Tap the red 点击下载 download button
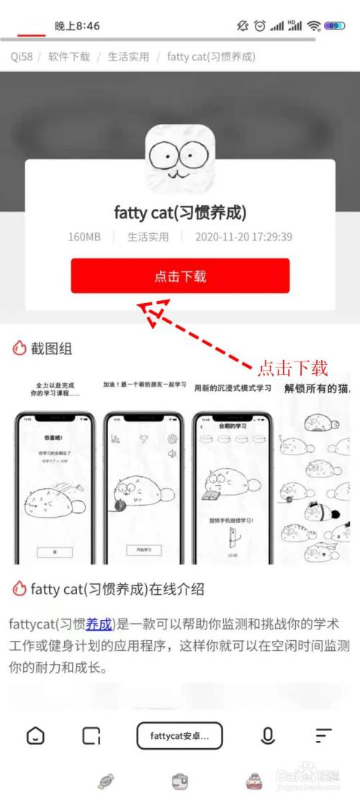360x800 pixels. pyautogui.click(x=180, y=276)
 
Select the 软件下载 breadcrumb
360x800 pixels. pyautogui.click(x=69, y=56)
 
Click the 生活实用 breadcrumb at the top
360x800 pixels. pyautogui.click(x=129, y=56)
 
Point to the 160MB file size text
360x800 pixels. pyautogui.click(x=86, y=236)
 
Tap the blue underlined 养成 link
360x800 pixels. pyautogui.click(x=99, y=624)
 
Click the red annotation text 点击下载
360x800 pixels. pyautogui.click(x=293, y=368)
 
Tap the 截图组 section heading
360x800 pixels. pyautogui.click(x=51, y=349)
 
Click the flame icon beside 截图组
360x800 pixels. pyautogui.click(x=19, y=349)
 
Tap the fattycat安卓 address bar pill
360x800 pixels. pyautogui.click(x=179, y=736)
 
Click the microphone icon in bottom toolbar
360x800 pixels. pyautogui.click(x=268, y=736)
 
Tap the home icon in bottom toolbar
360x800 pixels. pyautogui.click(x=35, y=736)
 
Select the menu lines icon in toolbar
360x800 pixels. pyautogui.click(x=323, y=736)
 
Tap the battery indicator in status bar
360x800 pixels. pyautogui.click(x=334, y=26)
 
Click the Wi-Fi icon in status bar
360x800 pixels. pyautogui.click(x=313, y=26)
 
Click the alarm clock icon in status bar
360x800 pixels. pyautogui.click(x=260, y=26)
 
